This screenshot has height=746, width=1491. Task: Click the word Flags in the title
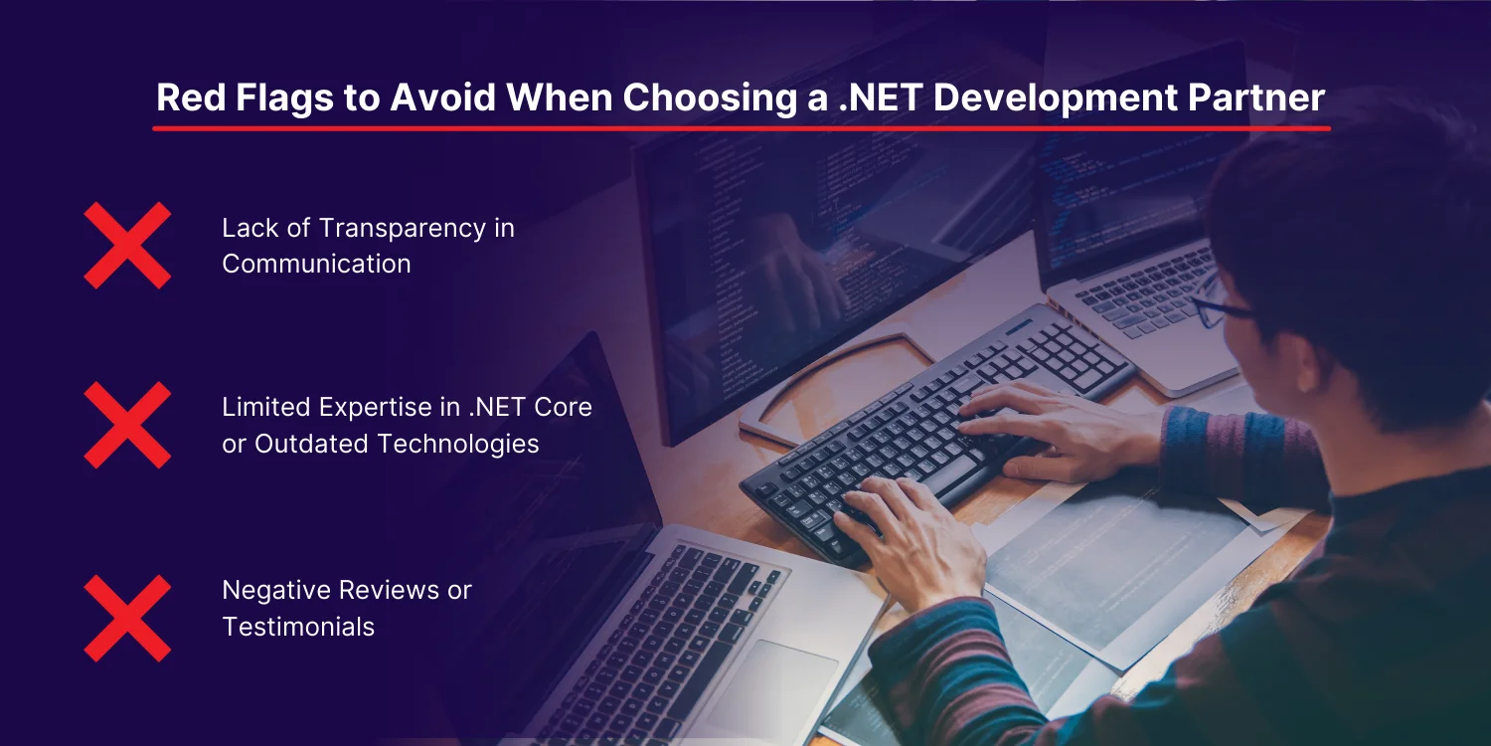click(283, 97)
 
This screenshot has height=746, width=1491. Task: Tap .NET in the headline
click(880, 97)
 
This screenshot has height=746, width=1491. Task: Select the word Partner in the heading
click(1256, 97)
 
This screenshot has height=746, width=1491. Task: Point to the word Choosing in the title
click(710, 98)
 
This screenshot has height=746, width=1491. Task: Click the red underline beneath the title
click(742, 128)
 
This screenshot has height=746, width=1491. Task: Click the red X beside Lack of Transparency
click(127, 245)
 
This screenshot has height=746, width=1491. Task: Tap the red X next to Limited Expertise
click(127, 425)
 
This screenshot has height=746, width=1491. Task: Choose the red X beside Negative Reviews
click(127, 618)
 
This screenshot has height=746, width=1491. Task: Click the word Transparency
click(403, 229)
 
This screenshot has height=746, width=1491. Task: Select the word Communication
click(316, 264)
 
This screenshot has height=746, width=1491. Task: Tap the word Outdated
click(311, 444)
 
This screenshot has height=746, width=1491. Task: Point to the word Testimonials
click(298, 627)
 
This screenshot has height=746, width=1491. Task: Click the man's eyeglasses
click(1222, 303)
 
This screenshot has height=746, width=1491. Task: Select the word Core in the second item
click(563, 408)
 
